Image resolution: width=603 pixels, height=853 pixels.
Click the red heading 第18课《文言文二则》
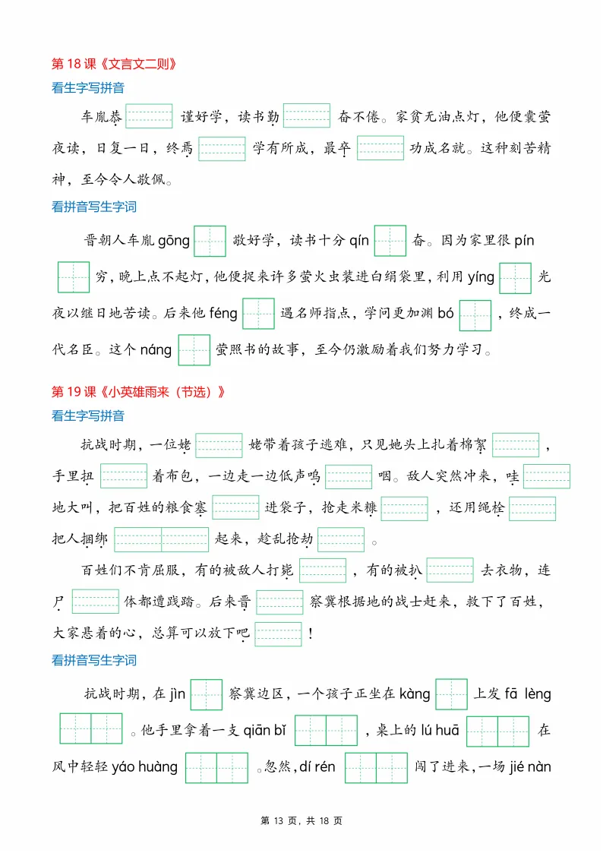(118, 64)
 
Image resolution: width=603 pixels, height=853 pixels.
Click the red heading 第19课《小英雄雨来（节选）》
(139, 392)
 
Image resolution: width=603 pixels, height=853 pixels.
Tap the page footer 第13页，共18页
(301, 821)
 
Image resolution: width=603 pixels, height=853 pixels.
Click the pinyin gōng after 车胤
(174, 241)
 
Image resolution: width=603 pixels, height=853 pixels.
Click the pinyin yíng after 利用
(481, 277)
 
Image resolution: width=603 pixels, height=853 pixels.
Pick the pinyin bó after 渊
(446, 314)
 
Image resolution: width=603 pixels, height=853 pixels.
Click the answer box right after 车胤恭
(149, 116)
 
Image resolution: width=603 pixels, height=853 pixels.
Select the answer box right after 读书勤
(307, 116)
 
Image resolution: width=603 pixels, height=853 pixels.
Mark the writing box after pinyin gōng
(210, 241)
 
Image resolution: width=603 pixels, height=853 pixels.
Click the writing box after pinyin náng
(194, 350)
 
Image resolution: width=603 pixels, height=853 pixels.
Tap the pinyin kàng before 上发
(415, 694)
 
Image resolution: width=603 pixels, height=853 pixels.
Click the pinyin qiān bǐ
(264, 731)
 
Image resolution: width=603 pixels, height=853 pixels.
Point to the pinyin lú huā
(437, 731)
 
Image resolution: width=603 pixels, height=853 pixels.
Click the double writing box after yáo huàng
(216, 767)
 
